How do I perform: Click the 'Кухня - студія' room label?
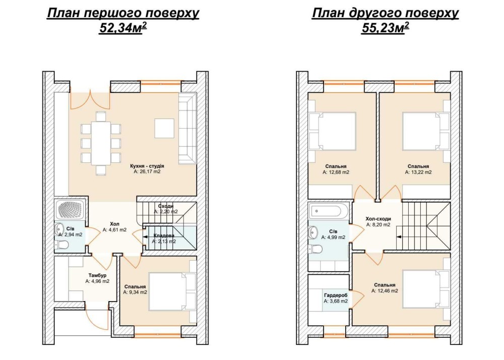click(147, 166)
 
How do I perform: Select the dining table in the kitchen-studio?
click(101, 143)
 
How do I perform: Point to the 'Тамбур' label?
click(97, 275)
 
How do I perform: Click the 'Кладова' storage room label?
click(164, 235)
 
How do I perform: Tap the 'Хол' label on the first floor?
click(114, 224)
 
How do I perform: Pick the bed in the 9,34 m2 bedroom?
click(172, 291)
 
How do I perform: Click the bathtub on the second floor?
click(325, 211)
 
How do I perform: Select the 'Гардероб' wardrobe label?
click(336, 295)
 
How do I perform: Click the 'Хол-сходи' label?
click(379, 219)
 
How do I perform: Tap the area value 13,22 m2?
click(418, 172)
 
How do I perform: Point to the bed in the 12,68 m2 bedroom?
click(332, 131)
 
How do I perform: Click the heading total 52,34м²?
click(123, 28)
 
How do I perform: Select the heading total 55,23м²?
click(386, 28)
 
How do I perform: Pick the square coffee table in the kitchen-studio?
click(165, 129)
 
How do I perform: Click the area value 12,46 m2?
click(385, 291)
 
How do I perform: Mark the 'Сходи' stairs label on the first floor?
click(166, 206)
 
